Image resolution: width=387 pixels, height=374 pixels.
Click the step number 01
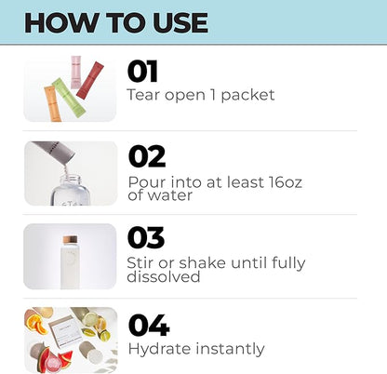click(x=142, y=72)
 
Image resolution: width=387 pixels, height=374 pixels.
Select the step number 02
click(x=147, y=156)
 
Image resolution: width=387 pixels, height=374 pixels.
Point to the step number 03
click(x=146, y=238)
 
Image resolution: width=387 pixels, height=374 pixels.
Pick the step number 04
click(x=149, y=325)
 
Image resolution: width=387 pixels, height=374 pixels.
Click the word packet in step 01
click(x=247, y=95)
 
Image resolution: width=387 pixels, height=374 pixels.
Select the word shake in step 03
click(x=202, y=262)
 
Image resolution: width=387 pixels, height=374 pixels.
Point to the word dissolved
click(x=164, y=276)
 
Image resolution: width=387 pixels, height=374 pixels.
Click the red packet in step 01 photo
click(x=90, y=80)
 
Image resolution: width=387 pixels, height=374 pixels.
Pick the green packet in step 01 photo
click(x=68, y=98)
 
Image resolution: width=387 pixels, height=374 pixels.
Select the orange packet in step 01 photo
click(x=53, y=103)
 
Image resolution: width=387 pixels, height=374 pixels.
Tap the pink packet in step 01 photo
click(x=76, y=72)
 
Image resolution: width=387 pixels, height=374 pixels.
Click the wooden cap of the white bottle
click(x=70, y=240)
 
